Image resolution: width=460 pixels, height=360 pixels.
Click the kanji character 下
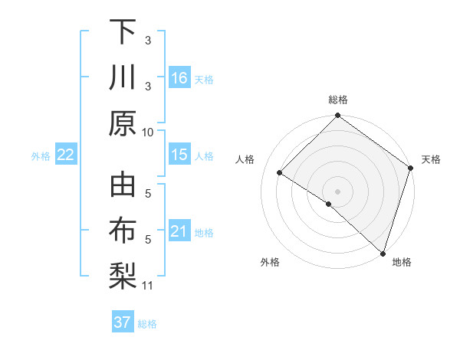pos(123,32)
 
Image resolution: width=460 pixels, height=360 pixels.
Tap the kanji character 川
pos(123,78)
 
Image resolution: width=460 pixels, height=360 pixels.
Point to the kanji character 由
pos(123,185)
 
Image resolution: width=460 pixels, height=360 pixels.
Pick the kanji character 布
pos(123,231)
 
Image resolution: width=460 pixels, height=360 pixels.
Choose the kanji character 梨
pos(123,277)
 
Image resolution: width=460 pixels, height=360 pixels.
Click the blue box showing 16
pos(179,78)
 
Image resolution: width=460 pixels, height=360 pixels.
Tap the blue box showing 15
pos(179,155)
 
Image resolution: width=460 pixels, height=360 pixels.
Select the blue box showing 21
pos(179,231)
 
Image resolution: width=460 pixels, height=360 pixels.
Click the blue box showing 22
pos(65,155)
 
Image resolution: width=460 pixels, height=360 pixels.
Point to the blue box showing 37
pos(122,322)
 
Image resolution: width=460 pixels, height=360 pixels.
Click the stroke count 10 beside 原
pos(148,131)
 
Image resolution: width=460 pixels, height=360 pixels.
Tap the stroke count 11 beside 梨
pos(148,286)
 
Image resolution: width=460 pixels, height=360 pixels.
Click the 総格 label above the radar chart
pos(338,100)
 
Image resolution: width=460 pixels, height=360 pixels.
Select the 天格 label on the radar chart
pos(431,159)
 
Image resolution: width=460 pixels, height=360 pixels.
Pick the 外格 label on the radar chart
pos(270,262)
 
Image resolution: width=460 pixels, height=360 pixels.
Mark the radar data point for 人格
pos(280,172)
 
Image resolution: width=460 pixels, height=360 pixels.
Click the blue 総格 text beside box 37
pos(147,324)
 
